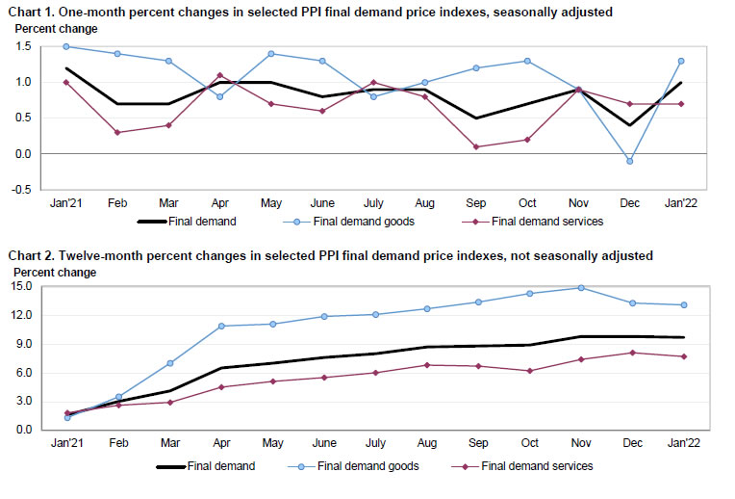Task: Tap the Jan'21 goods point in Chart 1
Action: tap(66, 46)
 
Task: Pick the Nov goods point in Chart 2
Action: tap(580, 287)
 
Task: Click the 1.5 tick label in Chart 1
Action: tap(23, 46)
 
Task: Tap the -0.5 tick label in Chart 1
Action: tap(21, 189)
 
